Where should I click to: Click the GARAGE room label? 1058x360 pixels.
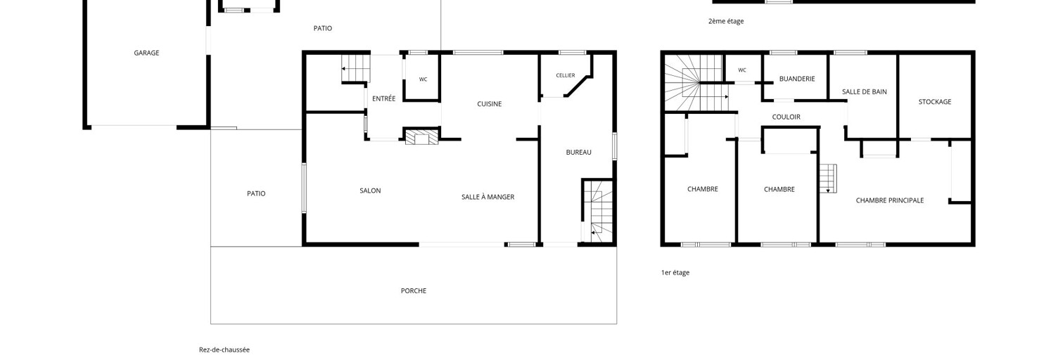[146, 53]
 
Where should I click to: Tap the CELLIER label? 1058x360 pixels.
[566, 75]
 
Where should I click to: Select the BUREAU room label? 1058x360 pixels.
[578, 152]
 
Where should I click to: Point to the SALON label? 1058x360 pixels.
[370, 191]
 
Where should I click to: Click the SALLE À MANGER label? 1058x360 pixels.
[488, 197]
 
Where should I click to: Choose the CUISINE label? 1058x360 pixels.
[490, 104]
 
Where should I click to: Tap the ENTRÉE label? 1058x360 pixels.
[383, 98]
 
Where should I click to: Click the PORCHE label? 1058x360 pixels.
[414, 290]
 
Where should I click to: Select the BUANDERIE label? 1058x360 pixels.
[797, 79]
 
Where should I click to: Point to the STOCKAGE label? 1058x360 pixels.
[935, 101]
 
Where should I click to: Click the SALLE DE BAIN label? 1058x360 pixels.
[865, 91]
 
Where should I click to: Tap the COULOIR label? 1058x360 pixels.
[786, 117]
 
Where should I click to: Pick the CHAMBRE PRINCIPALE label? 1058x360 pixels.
[890, 200]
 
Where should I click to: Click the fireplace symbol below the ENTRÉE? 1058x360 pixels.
[422, 136]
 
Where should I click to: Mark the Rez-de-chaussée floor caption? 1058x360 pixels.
[224, 349]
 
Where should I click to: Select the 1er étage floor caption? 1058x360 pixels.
[675, 272]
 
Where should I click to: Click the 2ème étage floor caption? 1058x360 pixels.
[726, 21]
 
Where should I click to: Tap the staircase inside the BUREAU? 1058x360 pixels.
[598, 211]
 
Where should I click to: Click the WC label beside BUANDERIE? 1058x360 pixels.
[742, 70]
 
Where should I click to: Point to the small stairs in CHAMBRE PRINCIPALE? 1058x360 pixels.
[827, 178]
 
